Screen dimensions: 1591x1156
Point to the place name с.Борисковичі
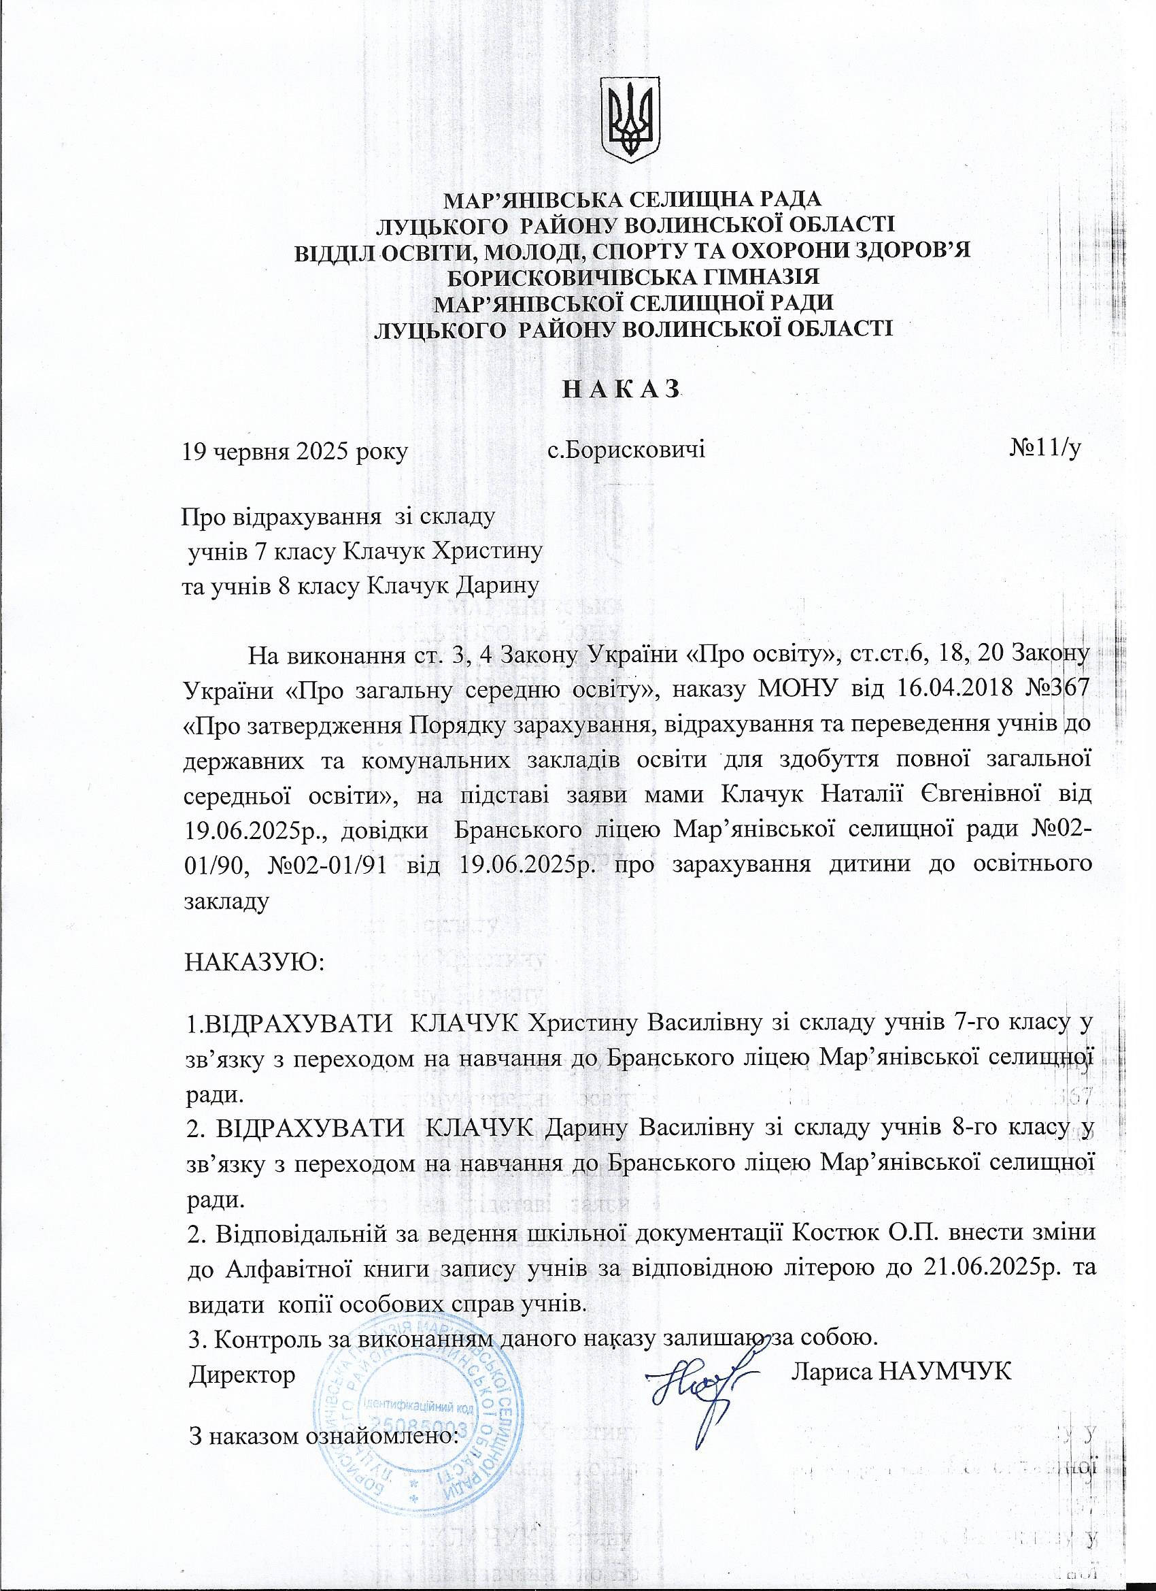tap(626, 450)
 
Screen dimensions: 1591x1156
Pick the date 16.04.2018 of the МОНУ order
tap(949, 688)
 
